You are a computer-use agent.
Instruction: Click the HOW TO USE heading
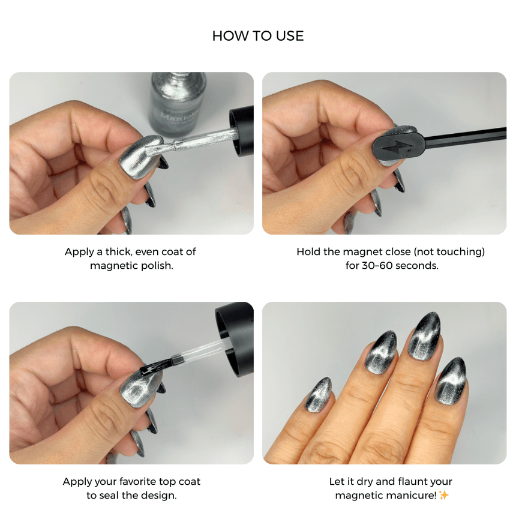(258, 36)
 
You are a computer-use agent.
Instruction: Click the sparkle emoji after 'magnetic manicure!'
(443, 495)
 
